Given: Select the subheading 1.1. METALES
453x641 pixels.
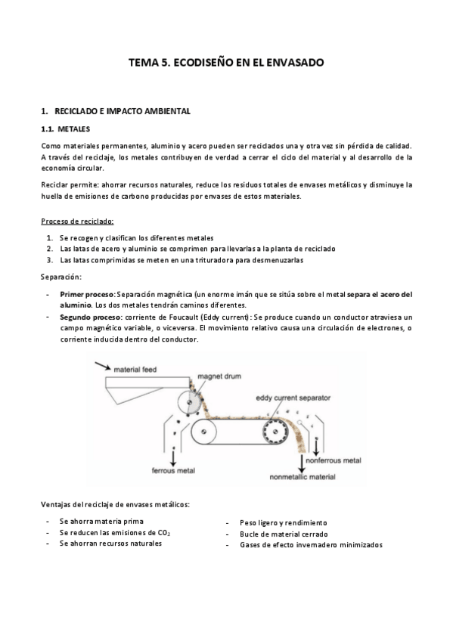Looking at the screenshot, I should (x=65, y=129).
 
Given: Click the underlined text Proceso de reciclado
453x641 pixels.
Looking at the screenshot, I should (x=77, y=221).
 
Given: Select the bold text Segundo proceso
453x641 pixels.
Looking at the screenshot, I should (x=91, y=318).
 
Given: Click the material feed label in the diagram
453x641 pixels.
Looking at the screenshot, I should (x=135, y=370).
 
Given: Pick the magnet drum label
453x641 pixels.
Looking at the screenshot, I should (x=219, y=376).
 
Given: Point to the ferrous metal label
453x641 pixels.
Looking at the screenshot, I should (x=174, y=470).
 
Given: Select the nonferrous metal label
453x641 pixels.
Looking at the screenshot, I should (x=334, y=460).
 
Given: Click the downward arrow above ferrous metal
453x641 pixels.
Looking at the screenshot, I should (x=174, y=455).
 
